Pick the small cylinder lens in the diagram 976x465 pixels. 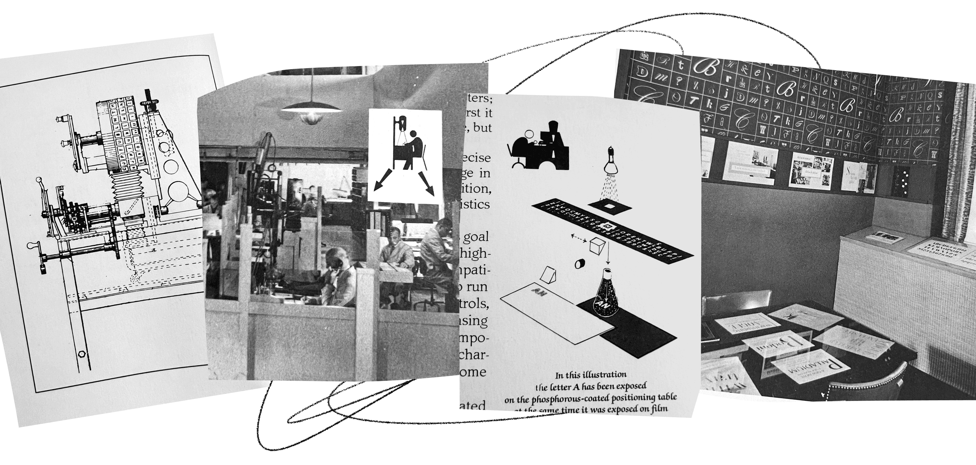coord(580,263)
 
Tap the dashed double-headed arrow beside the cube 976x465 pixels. coord(578,238)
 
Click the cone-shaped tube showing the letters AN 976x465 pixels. coord(605,296)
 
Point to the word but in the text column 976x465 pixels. coord(482,128)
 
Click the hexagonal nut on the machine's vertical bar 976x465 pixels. coord(81,354)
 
